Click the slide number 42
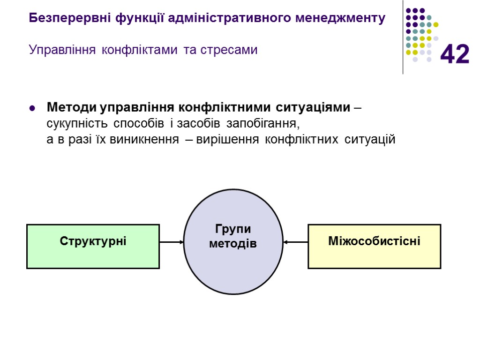point(455,54)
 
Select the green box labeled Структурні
point(93,246)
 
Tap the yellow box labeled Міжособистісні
point(374,246)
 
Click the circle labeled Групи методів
point(233,242)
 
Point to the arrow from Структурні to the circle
point(172,242)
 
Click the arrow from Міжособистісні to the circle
point(295,242)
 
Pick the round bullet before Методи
point(32,109)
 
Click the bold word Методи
point(69,107)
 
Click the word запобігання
point(262,124)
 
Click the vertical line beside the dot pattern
point(403,37)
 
